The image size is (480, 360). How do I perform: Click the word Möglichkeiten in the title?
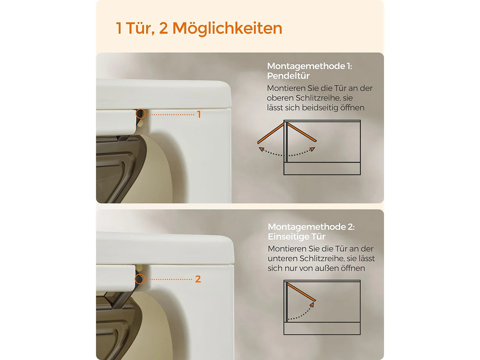228,28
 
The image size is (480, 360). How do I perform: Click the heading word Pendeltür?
288,76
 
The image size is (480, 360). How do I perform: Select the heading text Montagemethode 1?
309,66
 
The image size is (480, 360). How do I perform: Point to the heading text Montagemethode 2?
311,227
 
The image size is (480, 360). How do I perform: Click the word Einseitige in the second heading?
288,236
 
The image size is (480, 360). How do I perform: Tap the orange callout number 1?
199,114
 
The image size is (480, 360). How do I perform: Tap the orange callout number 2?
198,279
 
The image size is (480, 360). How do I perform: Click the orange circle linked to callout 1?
140,114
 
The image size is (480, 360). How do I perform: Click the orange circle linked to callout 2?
140,279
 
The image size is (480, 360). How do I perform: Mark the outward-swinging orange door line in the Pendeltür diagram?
271,133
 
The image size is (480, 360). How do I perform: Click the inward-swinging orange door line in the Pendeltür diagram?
302,132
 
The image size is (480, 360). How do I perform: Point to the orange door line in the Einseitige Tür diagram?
301,292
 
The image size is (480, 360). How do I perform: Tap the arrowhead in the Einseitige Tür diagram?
312,305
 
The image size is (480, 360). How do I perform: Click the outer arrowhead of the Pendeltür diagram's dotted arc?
261,149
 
